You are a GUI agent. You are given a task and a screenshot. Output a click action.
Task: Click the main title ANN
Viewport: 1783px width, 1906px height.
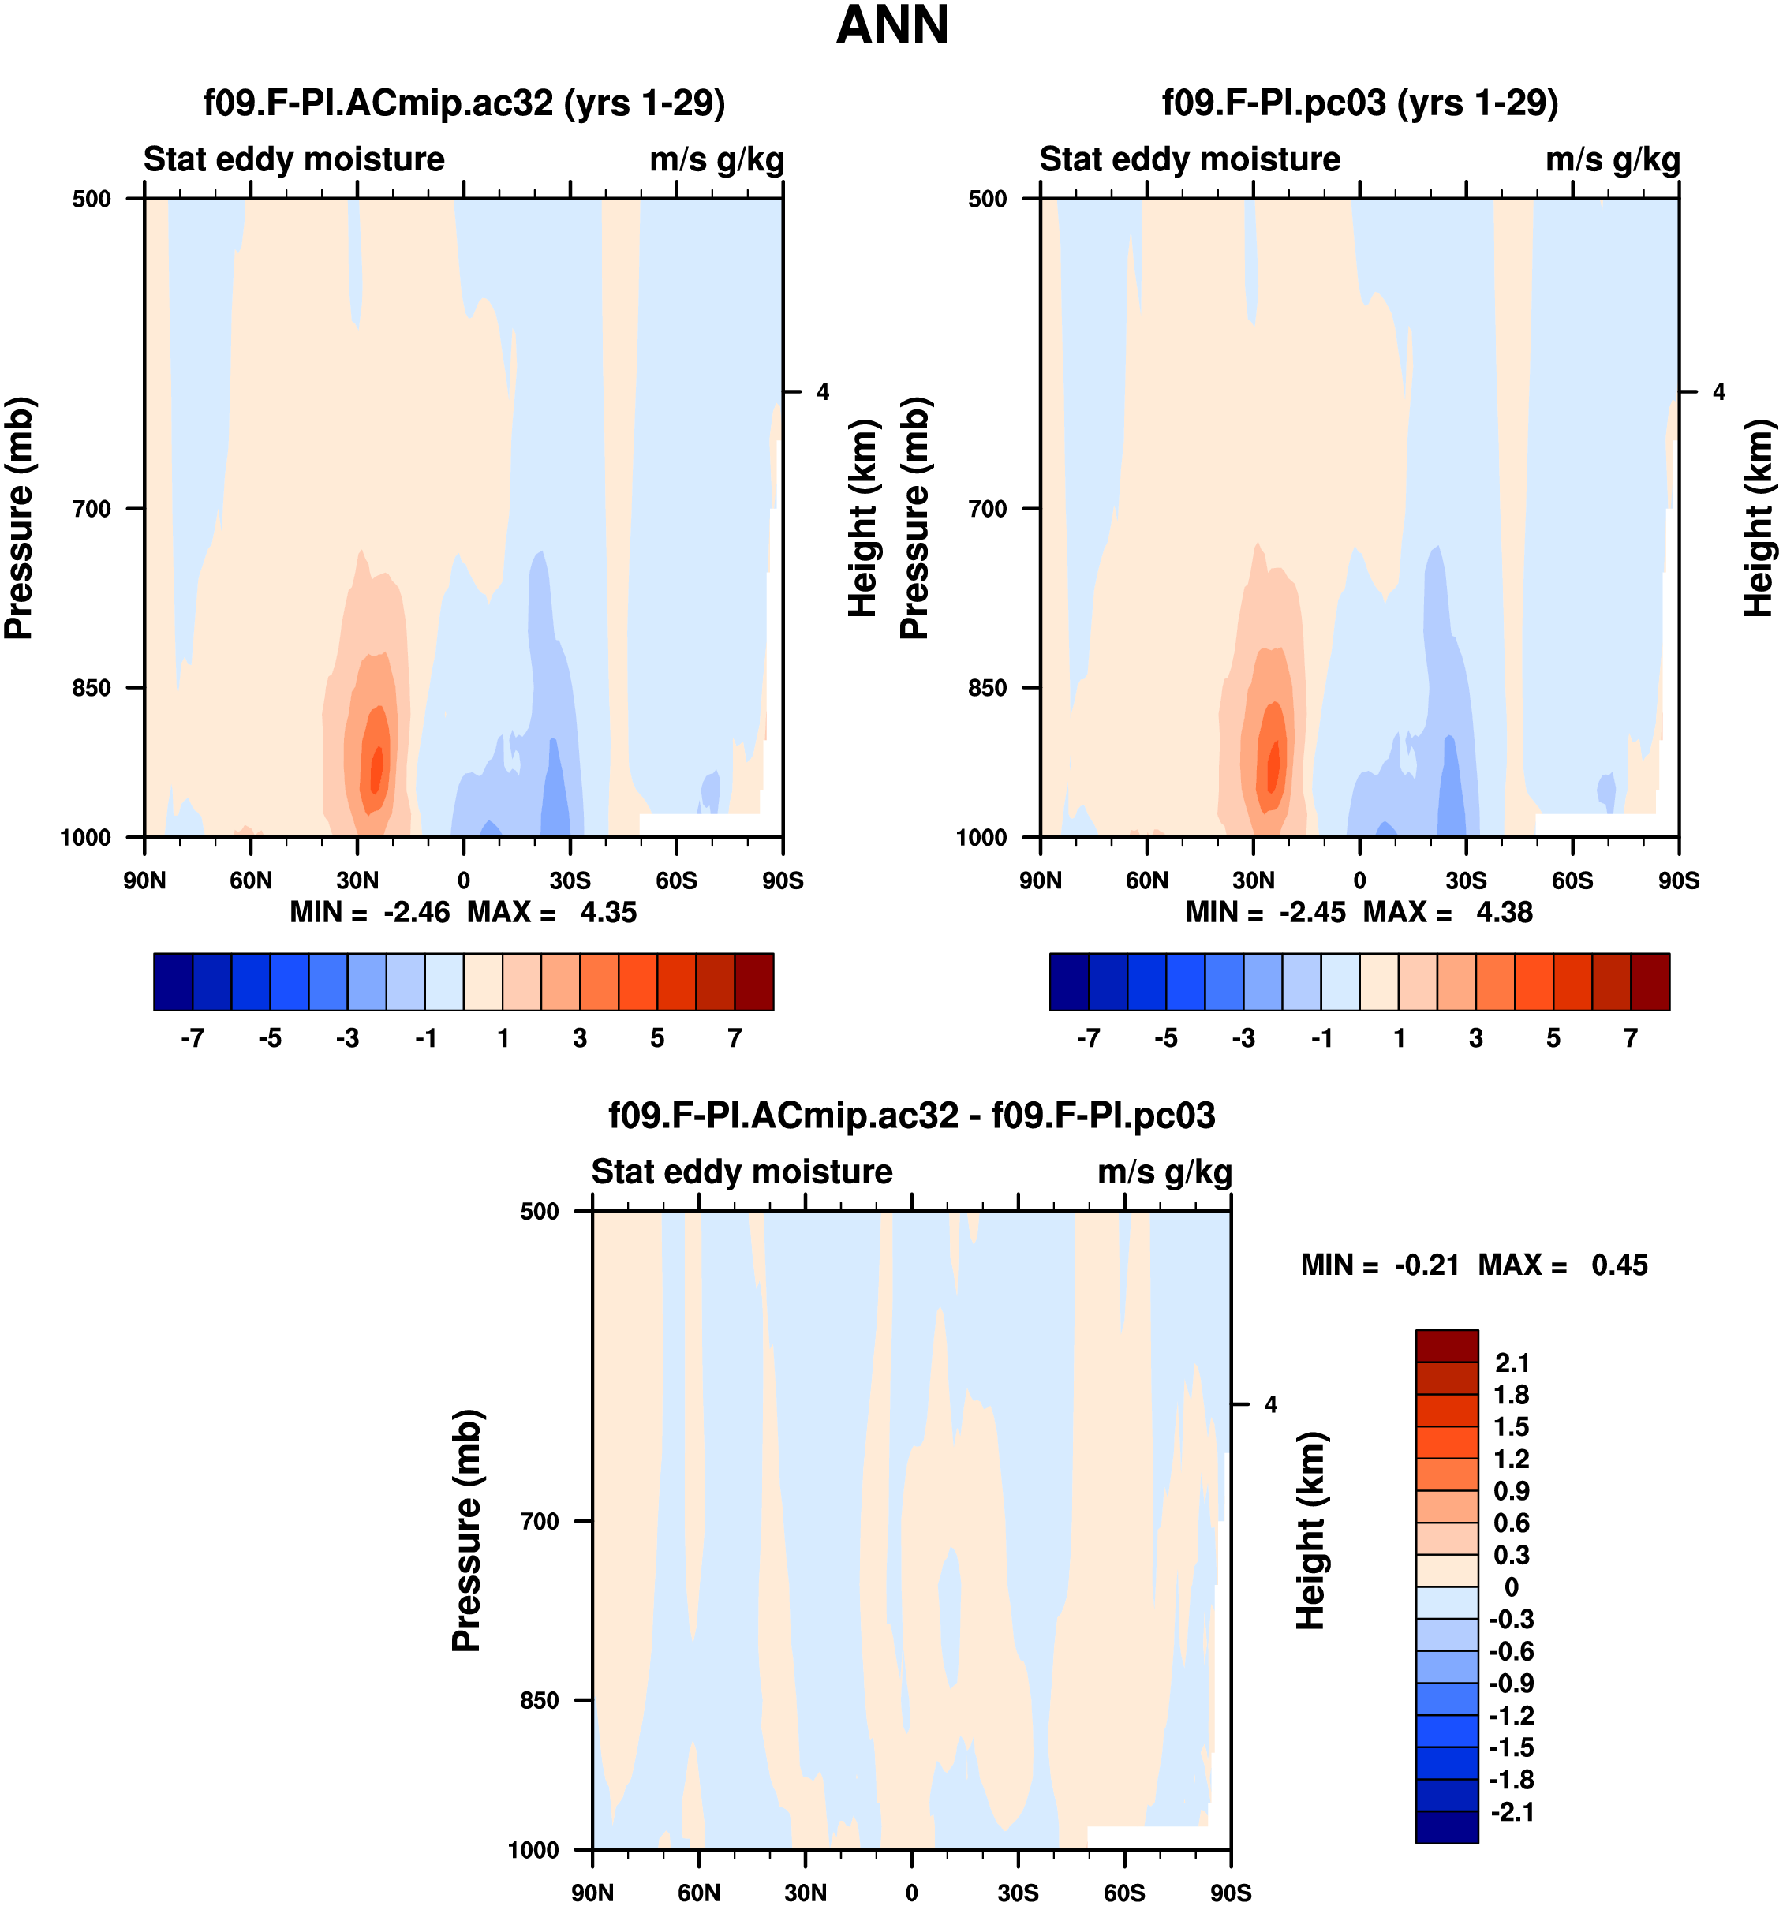click(891, 26)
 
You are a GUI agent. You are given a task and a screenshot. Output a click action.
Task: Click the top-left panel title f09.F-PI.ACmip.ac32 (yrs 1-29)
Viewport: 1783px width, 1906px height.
click(464, 103)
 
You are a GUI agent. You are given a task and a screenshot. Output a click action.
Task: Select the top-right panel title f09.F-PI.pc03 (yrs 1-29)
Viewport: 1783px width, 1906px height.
click(1359, 103)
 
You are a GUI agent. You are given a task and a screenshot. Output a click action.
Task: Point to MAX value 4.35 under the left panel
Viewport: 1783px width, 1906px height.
click(607, 912)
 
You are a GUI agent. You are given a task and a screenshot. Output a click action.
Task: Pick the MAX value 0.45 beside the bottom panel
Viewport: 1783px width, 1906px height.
click(1619, 1265)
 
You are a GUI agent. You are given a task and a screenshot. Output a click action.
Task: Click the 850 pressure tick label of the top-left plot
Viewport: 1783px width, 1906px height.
click(92, 687)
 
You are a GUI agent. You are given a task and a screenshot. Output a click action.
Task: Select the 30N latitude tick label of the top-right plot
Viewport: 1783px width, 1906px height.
click(1253, 880)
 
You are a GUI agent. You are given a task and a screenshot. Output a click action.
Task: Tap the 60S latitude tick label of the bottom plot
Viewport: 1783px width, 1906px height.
click(1123, 1892)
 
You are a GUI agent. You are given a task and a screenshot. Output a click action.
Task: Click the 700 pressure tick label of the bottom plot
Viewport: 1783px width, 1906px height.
click(540, 1520)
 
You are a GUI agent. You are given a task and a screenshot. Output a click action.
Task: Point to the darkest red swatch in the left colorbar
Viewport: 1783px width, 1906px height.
click(753, 981)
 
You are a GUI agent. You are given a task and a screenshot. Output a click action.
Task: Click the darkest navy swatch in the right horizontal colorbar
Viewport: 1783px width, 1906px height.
click(1069, 981)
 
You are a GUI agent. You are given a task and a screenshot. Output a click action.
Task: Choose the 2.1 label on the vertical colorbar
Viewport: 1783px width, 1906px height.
click(1512, 1362)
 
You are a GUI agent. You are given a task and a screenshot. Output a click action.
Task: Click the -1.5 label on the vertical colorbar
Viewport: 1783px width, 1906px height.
click(1511, 1747)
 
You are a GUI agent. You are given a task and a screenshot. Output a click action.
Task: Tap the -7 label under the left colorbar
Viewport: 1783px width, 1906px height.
click(192, 1038)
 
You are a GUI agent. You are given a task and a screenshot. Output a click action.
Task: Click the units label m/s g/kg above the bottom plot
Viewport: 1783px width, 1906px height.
click(1164, 1172)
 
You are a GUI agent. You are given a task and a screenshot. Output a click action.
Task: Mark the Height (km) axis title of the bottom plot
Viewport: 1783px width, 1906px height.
click(1310, 1530)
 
